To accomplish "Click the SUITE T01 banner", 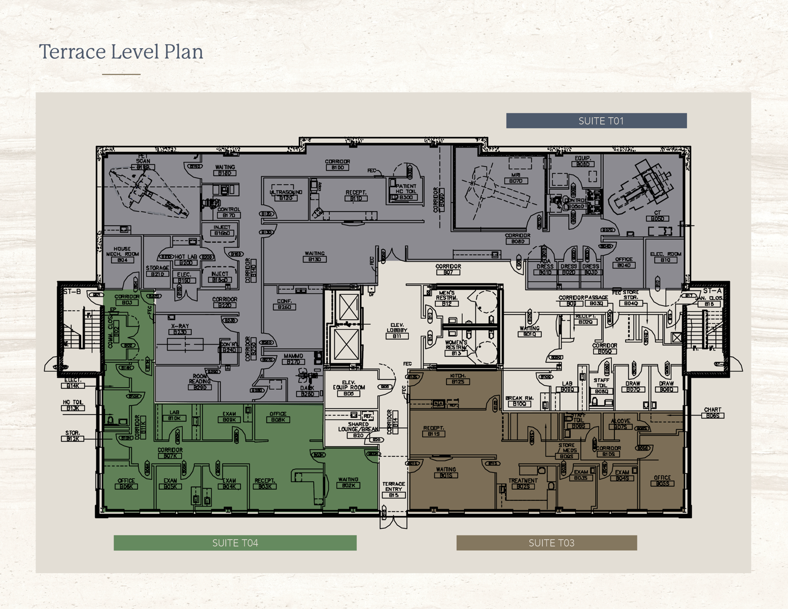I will (x=596, y=121).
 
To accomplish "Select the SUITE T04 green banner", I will (x=235, y=543).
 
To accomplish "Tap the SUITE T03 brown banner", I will (x=546, y=543).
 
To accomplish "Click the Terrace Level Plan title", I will (x=121, y=52).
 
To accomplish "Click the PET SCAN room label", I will (x=143, y=161).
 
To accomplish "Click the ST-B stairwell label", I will (x=72, y=292).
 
